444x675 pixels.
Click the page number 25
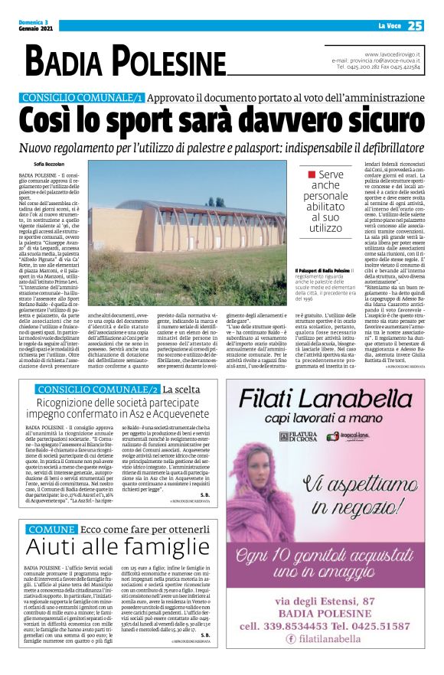tap(416, 26)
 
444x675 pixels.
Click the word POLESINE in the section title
tap(159, 61)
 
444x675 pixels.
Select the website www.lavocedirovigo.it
tap(392, 54)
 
